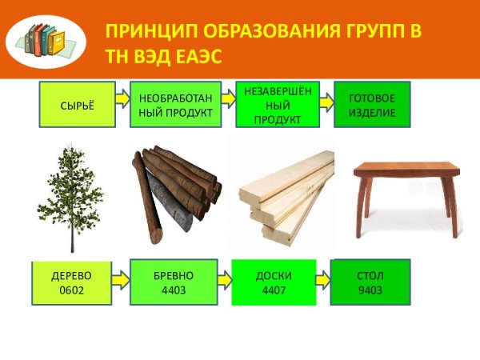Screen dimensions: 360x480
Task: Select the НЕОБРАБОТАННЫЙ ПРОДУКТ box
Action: coord(175,105)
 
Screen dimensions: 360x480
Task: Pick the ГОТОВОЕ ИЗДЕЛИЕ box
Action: coord(372,105)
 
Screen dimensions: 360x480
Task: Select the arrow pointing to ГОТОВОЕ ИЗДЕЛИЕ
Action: coord(326,102)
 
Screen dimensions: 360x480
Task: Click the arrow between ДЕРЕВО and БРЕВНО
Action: coord(119,281)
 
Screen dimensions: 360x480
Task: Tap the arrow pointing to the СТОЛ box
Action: coord(322,281)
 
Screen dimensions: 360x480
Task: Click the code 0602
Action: coord(70,289)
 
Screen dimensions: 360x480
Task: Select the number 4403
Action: coord(174,289)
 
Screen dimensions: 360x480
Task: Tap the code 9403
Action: coord(370,289)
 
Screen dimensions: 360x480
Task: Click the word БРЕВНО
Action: coord(174,275)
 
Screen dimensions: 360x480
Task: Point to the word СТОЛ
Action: coord(370,275)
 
